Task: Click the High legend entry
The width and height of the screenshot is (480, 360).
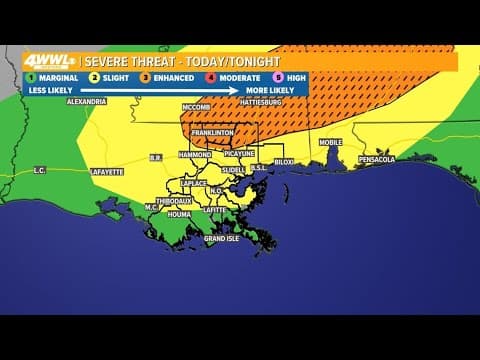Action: tap(284, 76)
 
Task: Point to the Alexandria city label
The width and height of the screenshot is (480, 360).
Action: tap(87, 101)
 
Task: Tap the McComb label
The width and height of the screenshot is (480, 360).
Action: tap(196, 106)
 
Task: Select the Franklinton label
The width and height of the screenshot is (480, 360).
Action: tap(212, 131)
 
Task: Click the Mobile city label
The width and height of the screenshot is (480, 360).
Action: tap(330, 142)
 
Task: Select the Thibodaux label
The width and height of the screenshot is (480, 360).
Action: tap(173, 200)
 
